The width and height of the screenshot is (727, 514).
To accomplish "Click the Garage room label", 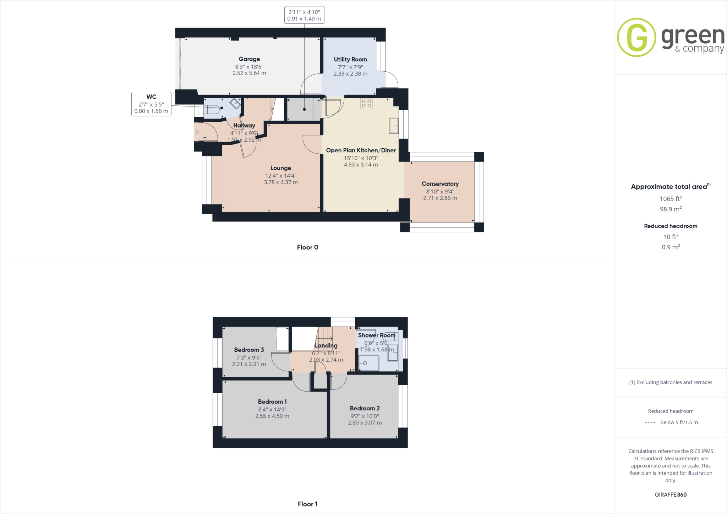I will tap(249, 59).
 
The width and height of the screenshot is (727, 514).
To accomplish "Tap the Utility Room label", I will tap(350, 60).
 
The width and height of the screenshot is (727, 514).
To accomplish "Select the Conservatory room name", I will tap(440, 184).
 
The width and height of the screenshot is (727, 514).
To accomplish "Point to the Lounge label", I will tap(281, 168).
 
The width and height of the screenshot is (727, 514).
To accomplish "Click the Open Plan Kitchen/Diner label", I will tap(361, 151).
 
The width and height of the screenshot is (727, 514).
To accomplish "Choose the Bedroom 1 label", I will tap(272, 402).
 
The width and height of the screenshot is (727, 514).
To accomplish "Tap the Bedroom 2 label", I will tap(365, 409).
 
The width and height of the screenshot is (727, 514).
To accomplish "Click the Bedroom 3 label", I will tap(249, 350).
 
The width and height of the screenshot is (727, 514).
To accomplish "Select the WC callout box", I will tap(151, 104).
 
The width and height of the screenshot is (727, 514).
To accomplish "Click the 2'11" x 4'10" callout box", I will tap(304, 15).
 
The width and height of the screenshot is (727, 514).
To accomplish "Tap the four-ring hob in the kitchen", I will tap(367, 104).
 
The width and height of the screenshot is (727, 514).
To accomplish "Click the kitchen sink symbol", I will tap(394, 126).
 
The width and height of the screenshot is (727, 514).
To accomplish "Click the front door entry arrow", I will tap(196, 132).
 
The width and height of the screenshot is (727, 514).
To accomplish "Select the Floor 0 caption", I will tap(307, 247).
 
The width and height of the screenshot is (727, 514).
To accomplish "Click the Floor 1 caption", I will tap(307, 504).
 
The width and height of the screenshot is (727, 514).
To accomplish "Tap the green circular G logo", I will tap(636, 37).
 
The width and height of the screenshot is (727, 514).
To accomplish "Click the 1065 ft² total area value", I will tap(671, 199).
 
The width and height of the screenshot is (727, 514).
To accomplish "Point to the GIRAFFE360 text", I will tap(671, 494).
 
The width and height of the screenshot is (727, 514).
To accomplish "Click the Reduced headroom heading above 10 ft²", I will tap(671, 226).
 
